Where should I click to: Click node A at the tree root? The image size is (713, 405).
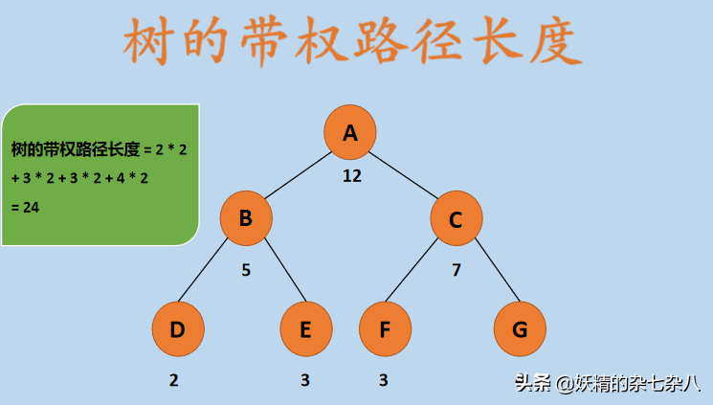[x=350, y=132]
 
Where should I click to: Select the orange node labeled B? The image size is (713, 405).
[x=246, y=219]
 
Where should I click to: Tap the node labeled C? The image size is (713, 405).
[x=456, y=219]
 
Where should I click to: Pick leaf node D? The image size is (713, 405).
[x=178, y=329]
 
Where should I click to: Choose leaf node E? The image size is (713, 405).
[x=306, y=329]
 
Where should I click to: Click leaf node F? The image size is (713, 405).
[x=385, y=329]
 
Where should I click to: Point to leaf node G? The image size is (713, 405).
[x=520, y=329]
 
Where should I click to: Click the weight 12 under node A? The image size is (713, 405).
[x=352, y=176]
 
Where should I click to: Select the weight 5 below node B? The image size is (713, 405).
[x=246, y=270]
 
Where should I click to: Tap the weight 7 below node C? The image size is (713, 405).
[x=457, y=270]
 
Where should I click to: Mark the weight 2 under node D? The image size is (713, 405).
[x=174, y=380]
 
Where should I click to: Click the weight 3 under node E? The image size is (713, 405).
[x=305, y=380]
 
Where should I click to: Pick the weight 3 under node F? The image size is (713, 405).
[x=384, y=380]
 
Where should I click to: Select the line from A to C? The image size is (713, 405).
[x=403, y=175]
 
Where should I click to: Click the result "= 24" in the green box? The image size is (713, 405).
[x=25, y=207]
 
